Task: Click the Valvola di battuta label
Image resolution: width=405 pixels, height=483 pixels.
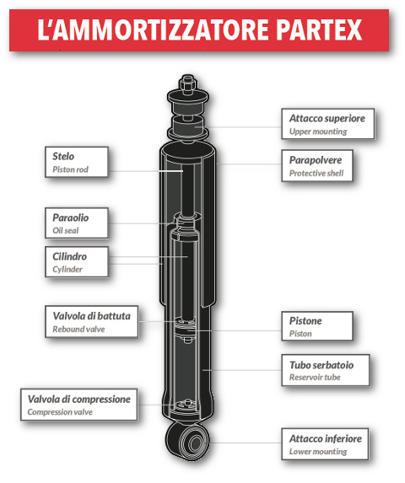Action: click(x=91, y=322)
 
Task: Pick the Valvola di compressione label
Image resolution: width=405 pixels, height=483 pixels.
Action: click(x=78, y=405)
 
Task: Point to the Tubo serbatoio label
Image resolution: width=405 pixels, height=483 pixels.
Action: click(x=325, y=372)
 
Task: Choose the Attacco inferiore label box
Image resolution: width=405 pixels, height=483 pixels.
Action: click(x=325, y=444)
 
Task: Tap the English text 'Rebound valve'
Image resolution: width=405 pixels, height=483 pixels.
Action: click(x=78, y=330)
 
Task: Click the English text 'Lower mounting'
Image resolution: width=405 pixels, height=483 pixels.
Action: click(x=317, y=453)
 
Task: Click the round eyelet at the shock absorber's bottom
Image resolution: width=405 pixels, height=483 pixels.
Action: click(x=188, y=438)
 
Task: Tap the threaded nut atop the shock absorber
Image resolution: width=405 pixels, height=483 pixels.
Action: click(x=186, y=85)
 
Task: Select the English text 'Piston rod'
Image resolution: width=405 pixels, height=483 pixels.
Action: click(x=70, y=169)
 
